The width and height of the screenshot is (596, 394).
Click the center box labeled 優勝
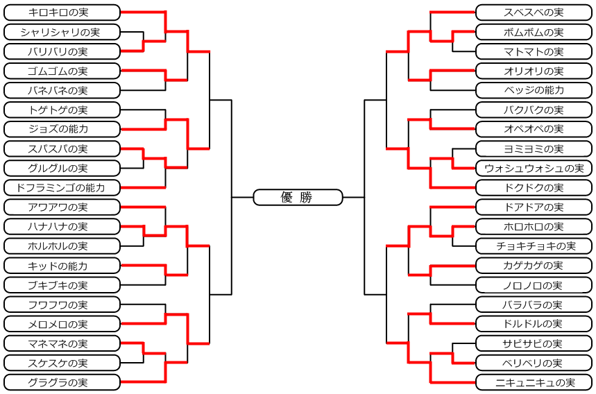298,198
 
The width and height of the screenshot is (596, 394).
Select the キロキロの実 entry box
62,12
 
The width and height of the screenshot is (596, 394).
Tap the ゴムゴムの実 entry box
62,71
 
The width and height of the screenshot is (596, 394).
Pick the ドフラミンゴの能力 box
62,187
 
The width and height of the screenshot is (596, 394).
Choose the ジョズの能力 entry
62,129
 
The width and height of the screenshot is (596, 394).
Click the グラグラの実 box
62,382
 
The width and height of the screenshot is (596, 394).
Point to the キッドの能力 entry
62,266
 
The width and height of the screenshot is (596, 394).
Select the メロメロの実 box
62,324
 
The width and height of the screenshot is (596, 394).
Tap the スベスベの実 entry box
534,12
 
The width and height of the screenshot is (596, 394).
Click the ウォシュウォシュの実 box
534,168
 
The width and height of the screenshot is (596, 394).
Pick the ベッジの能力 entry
534,90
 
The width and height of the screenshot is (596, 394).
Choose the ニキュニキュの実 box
534,382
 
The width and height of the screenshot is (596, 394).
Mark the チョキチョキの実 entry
534,246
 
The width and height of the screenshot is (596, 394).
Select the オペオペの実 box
534,129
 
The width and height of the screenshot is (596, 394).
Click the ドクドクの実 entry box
534,187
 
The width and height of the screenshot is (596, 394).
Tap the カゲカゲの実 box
534,266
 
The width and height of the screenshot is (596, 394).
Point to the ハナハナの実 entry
62,227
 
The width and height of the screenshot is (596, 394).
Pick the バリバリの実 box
62,51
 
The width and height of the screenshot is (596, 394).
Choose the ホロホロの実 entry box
534,227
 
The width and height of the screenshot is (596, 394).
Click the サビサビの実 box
534,343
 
